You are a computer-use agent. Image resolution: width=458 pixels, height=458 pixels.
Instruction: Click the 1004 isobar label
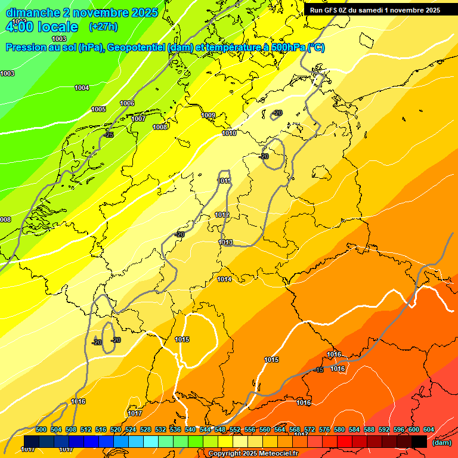[82, 88]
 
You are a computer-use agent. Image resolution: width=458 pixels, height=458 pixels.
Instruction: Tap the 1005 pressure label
[98, 110]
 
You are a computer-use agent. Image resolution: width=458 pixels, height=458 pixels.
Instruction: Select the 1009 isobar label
[208, 116]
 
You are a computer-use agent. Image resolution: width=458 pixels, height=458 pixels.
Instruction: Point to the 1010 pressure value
[229, 134]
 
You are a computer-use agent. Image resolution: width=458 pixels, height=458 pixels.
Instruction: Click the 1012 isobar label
[222, 215]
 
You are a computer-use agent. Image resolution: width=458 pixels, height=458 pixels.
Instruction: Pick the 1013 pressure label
[225, 243]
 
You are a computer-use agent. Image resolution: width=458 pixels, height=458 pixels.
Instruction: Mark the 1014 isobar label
[224, 280]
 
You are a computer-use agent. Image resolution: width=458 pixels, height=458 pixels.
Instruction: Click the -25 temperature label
[109, 135]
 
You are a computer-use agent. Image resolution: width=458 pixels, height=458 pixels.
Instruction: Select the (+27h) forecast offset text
[103, 27]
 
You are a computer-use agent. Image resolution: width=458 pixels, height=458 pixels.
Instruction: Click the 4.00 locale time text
[42, 27]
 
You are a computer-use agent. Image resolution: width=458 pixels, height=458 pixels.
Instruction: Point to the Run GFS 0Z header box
[375, 10]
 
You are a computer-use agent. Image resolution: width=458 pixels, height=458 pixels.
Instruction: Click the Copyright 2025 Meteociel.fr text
[261, 454]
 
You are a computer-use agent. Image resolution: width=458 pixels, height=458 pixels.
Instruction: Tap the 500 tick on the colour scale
[41, 430]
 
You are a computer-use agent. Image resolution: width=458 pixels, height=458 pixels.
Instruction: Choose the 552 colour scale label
[235, 430]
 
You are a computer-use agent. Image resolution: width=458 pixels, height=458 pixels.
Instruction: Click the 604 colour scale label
[428, 430]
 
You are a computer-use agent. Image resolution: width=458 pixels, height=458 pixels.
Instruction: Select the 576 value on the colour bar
[324, 430]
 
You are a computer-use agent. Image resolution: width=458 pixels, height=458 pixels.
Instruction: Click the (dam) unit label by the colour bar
[441, 442]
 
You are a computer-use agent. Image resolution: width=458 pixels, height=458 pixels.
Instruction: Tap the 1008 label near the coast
[160, 127]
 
